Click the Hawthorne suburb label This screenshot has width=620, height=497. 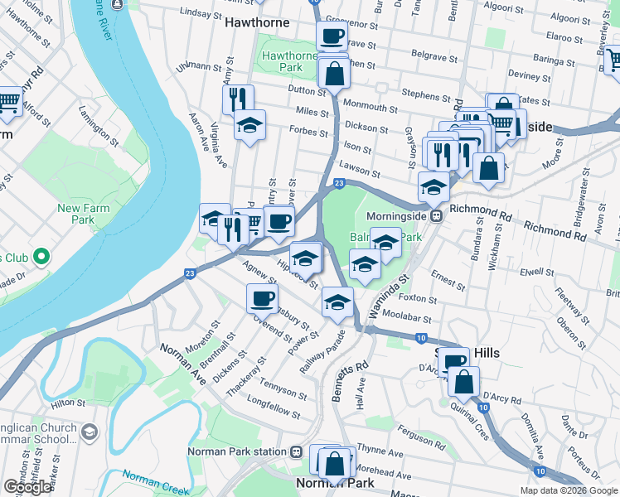click(x=258, y=22)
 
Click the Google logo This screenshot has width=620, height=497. click(x=27, y=487)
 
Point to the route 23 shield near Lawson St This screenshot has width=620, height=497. click(x=338, y=183)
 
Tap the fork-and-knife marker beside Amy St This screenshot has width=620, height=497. click(x=238, y=99)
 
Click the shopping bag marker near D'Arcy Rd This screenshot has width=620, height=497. click(x=464, y=381)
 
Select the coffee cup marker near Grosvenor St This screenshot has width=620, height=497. click(x=332, y=36)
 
